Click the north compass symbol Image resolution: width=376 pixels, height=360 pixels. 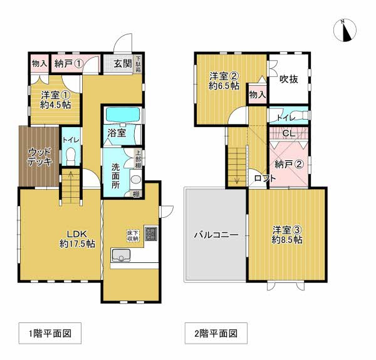tap(345, 31)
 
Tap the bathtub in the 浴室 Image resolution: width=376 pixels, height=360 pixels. tap(123, 115)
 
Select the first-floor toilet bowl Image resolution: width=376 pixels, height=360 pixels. tap(71, 155)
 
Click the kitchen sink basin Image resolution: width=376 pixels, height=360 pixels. tap(121, 255)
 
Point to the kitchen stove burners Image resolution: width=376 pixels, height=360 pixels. tap(151, 234)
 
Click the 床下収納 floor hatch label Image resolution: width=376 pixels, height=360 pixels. tap(133, 235)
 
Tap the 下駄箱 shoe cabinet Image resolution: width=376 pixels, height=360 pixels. tap(138, 64)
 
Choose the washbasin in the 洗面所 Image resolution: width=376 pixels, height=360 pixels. tap(136, 180)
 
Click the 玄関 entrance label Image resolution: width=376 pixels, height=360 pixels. tap(123, 64)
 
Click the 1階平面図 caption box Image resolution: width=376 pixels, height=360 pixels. tap(50, 333)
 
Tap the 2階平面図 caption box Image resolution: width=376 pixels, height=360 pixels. tap(216, 333)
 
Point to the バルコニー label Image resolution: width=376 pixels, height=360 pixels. tap(216, 235)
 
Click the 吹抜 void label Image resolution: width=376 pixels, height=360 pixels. tap(289, 79)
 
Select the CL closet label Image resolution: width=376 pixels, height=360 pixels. tap(289, 133)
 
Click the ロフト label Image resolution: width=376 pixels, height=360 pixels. tap(265, 178)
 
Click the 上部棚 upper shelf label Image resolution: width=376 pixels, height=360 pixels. tap(138, 158)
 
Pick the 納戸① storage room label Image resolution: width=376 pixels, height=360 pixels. tap(69, 64)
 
